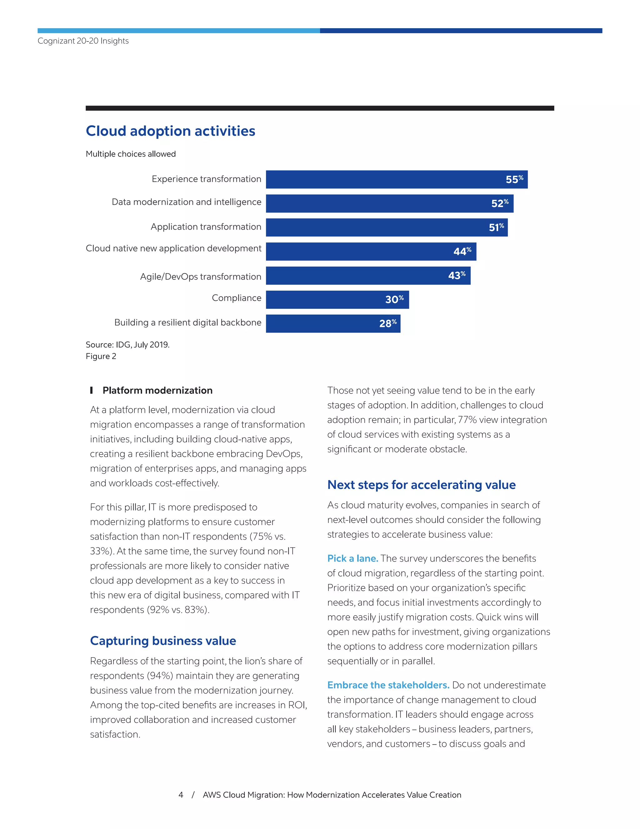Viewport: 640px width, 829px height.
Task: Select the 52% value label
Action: point(499,203)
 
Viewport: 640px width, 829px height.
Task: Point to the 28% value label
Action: point(387,323)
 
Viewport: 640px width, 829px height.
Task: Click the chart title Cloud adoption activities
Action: point(170,131)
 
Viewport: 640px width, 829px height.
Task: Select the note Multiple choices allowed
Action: point(130,154)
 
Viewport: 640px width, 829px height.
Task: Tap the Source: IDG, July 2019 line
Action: point(127,344)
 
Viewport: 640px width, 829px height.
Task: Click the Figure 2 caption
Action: point(101,356)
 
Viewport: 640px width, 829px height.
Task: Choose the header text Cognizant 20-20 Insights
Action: point(83,41)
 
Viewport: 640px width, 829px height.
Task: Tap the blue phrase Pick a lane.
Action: point(352,558)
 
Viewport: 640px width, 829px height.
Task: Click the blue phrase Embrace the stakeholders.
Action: point(388,685)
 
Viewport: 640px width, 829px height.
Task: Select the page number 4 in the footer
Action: point(181,795)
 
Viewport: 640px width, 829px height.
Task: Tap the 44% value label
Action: point(462,251)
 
